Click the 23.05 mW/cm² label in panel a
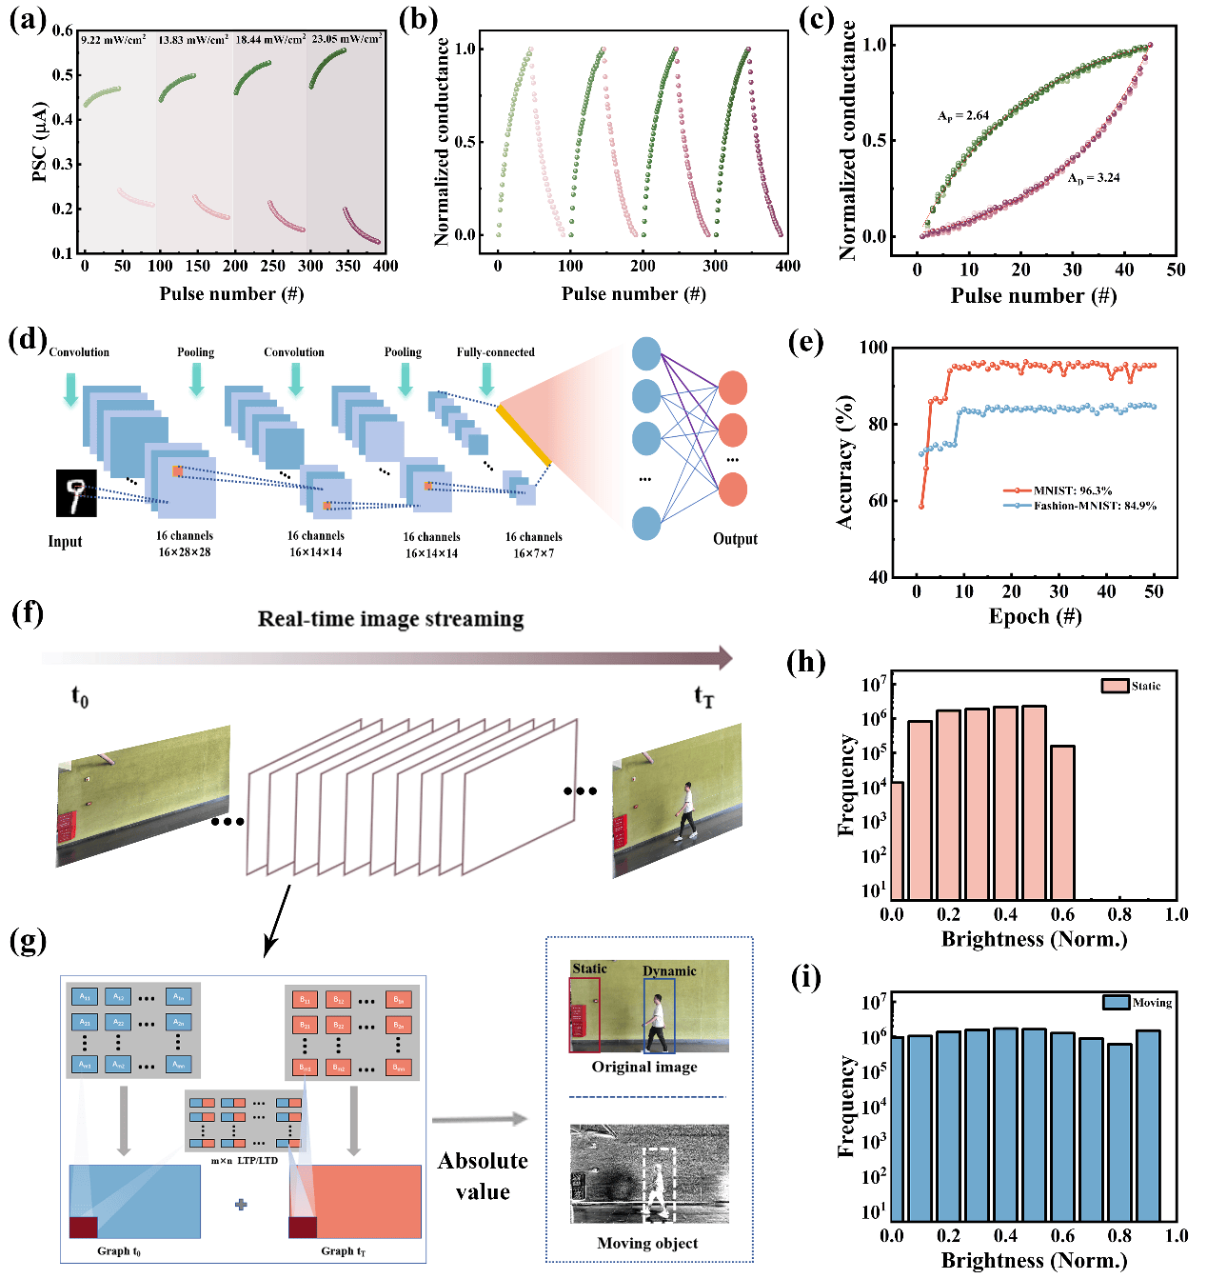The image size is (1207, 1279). pyautogui.click(x=346, y=39)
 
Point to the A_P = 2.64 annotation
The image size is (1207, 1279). pyautogui.click(x=963, y=116)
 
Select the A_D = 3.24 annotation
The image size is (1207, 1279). pyautogui.click(x=1093, y=178)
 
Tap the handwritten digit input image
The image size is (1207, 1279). pyautogui.click(x=76, y=493)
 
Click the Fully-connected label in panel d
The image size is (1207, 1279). pyautogui.click(x=495, y=352)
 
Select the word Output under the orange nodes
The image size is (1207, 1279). pyautogui.click(x=735, y=539)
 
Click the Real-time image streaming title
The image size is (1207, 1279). pyautogui.click(x=390, y=619)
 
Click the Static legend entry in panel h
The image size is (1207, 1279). pyautogui.click(x=1145, y=686)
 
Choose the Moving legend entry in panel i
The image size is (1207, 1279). pyautogui.click(x=1152, y=1003)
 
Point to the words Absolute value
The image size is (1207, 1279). pyautogui.click(x=483, y=1176)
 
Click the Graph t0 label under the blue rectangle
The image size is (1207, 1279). pyautogui.click(x=119, y=1251)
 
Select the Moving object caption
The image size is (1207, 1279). pyautogui.click(x=647, y=1243)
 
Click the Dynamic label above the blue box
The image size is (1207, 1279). pyautogui.click(x=669, y=971)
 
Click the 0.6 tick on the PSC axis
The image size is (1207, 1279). pyautogui.click(x=63, y=30)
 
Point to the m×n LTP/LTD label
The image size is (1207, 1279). pyautogui.click(x=244, y=1160)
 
